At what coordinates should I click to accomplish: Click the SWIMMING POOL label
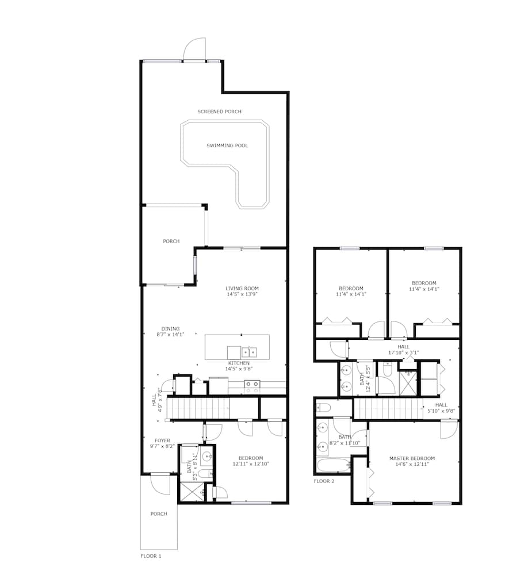[x=227, y=145]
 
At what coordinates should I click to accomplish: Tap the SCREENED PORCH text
[x=219, y=112]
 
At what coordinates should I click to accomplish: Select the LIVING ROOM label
[x=242, y=289]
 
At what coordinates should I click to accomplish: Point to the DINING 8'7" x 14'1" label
[x=170, y=332]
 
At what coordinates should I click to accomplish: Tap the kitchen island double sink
[x=248, y=351]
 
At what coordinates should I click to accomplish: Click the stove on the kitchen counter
[x=252, y=387]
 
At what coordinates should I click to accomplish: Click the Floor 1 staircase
[x=198, y=409]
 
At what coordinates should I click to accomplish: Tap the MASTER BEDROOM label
[x=412, y=458]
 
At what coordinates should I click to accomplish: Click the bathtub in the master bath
[x=332, y=465]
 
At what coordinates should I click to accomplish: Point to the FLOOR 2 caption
[x=324, y=481]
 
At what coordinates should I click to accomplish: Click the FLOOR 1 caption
[x=151, y=556]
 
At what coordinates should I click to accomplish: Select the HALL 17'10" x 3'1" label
[x=403, y=350]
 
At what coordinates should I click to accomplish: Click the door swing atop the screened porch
[x=194, y=50]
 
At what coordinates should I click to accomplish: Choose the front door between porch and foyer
[x=160, y=483]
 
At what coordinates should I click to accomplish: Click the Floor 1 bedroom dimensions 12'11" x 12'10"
[x=251, y=463]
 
